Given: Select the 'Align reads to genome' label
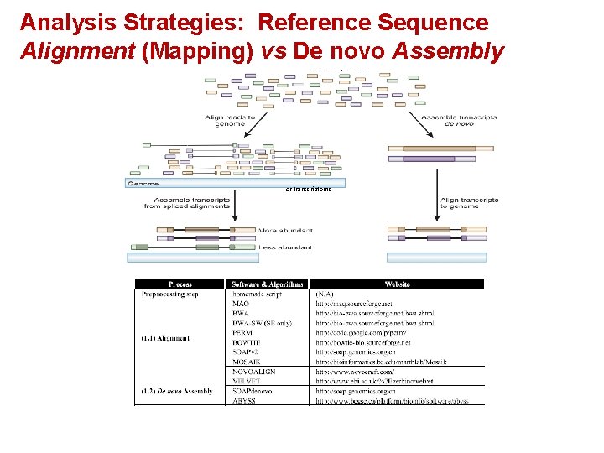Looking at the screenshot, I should [226, 120].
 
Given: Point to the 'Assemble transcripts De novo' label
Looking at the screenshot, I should [459, 120].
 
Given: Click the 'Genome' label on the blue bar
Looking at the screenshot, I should [143, 183].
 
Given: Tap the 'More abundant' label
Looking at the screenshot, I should [285, 229].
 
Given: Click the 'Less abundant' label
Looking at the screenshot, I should [285, 247].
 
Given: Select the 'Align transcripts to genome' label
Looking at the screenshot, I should [469, 203].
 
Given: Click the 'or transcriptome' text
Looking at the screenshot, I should [308, 189].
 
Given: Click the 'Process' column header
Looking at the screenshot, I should [180, 284].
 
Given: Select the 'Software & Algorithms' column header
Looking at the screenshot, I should [268, 284].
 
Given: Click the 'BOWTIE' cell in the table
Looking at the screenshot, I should [247, 342].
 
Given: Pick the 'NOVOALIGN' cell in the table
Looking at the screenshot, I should [253, 371].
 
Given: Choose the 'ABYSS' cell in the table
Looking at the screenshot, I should [244, 400].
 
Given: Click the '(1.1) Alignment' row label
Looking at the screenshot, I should [166, 338].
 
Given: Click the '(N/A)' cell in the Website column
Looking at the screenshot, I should [325, 294].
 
